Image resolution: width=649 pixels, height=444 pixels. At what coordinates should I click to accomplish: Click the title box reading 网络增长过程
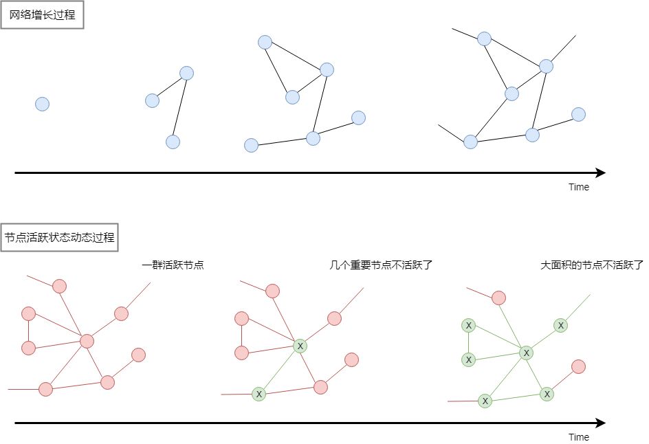pyautogui.click(x=42, y=15)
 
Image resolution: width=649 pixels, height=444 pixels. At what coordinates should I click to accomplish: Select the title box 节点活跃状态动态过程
pyautogui.click(x=60, y=238)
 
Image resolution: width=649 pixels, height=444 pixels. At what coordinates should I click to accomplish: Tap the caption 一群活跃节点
pyautogui.click(x=173, y=265)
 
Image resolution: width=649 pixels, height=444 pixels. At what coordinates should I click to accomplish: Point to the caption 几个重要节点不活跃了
pyautogui.click(x=381, y=265)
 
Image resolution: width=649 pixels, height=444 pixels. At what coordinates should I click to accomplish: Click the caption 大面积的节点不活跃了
pyautogui.click(x=592, y=265)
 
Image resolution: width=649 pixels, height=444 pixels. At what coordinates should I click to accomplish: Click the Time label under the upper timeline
pyautogui.click(x=579, y=187)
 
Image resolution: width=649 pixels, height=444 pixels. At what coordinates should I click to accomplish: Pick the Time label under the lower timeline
pyautogui.click(x=579, y=437)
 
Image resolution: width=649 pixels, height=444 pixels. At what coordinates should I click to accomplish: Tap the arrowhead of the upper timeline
pyautogui.click(x=602, y=173)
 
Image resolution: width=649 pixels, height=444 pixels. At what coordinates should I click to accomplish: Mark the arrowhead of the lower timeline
pyautogui.click(x=602, y=423)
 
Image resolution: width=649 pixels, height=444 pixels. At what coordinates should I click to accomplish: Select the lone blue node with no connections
pyautogui.click(x=42, y=104)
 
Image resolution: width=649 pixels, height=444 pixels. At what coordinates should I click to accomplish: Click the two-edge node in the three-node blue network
pyautogui.click(x=187, y=74)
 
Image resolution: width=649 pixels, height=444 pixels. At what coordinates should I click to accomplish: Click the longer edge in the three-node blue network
pyautogui.click(x=179, y=108)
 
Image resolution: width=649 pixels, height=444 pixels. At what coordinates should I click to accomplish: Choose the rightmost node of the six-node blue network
pyautogui.click(x=358, y=118)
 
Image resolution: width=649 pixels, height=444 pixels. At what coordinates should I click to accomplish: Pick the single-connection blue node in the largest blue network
pyautogui.click(x=578, y=115)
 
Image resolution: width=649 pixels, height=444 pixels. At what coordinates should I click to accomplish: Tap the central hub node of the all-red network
pyautogui.click(x=87, y=342)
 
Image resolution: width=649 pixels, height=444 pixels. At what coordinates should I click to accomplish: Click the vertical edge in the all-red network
pyautogui.click(x=29, y=331)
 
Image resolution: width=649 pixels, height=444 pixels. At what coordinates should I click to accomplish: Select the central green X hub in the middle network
pyautogui.click(x=300, y=346)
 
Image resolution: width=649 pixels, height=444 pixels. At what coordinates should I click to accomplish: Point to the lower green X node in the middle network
pyautogui.click(x=259, y=394)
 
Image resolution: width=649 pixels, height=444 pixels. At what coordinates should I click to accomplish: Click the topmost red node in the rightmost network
pyautogui.click(x=498, y=298)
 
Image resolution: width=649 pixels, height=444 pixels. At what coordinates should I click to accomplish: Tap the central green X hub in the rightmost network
pyautogui.click(x=526, y=353)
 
